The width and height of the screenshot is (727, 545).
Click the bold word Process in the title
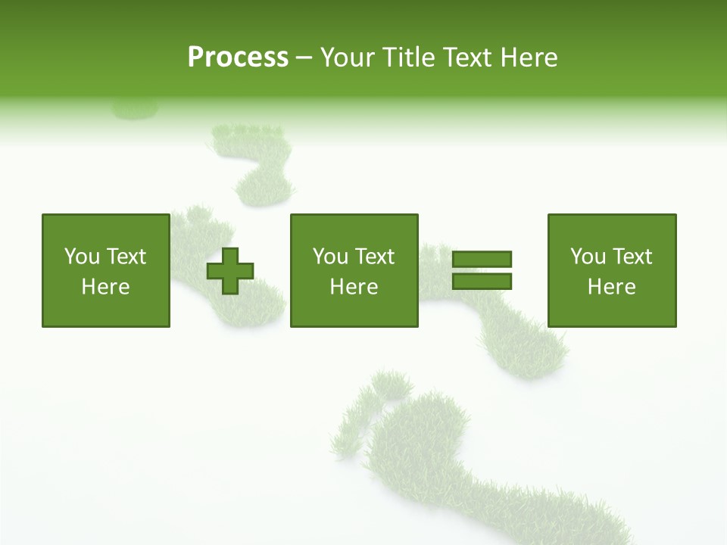tap(238, 58)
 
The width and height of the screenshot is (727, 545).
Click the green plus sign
tap(230, 270)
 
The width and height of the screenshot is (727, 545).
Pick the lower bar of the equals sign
tap(482, 281)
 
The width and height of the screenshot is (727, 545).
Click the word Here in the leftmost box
tap(105, 287)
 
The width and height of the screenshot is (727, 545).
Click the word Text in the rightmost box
tap(632, 257)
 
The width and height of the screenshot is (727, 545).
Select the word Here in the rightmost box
tap(611, 287)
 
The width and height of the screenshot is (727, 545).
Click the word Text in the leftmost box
tap(126, 257)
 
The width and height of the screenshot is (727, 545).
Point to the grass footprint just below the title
tap(257, 163)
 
